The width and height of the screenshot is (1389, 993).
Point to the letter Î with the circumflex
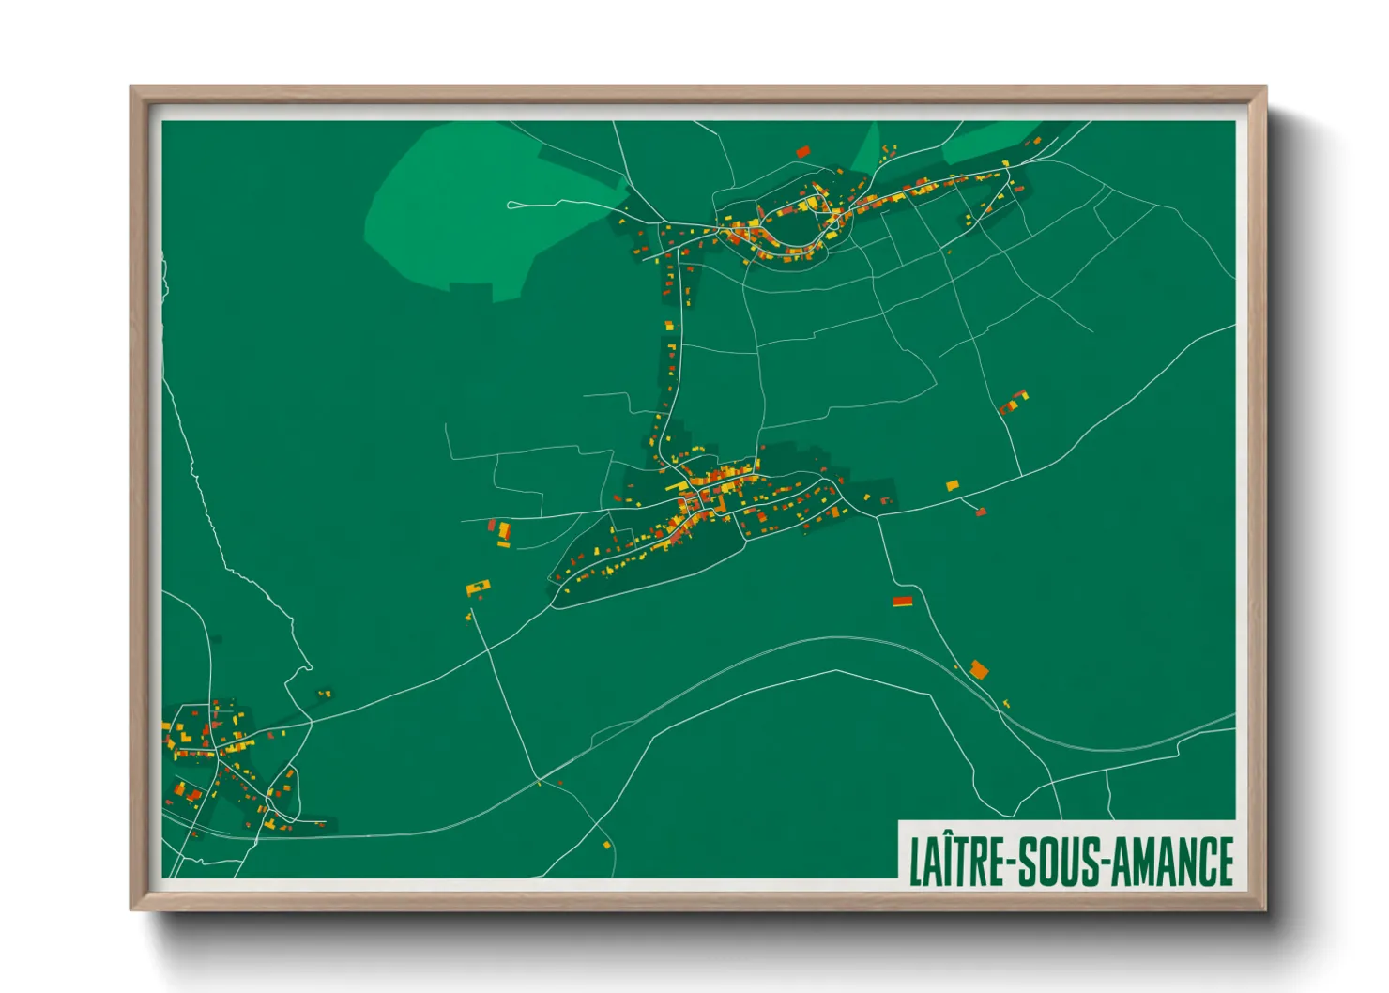click(x=949, y=859)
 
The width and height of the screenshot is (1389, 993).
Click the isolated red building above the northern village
click(x=802, y=151)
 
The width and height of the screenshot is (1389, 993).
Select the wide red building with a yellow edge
click(x=902, y=602)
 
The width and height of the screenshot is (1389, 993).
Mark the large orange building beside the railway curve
click(x=979, y=669)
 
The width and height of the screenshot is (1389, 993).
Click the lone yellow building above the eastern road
click(x=952, y=485)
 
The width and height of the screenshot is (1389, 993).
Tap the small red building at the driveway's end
click(x=981, y=512)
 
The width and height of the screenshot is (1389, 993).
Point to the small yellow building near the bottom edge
click(x=606, y=845)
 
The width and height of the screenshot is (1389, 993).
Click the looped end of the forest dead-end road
click(x=512, y=205)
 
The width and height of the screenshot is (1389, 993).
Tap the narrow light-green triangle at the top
click(x=869, y=150)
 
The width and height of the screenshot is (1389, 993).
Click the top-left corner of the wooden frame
click(x=132, y=89)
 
